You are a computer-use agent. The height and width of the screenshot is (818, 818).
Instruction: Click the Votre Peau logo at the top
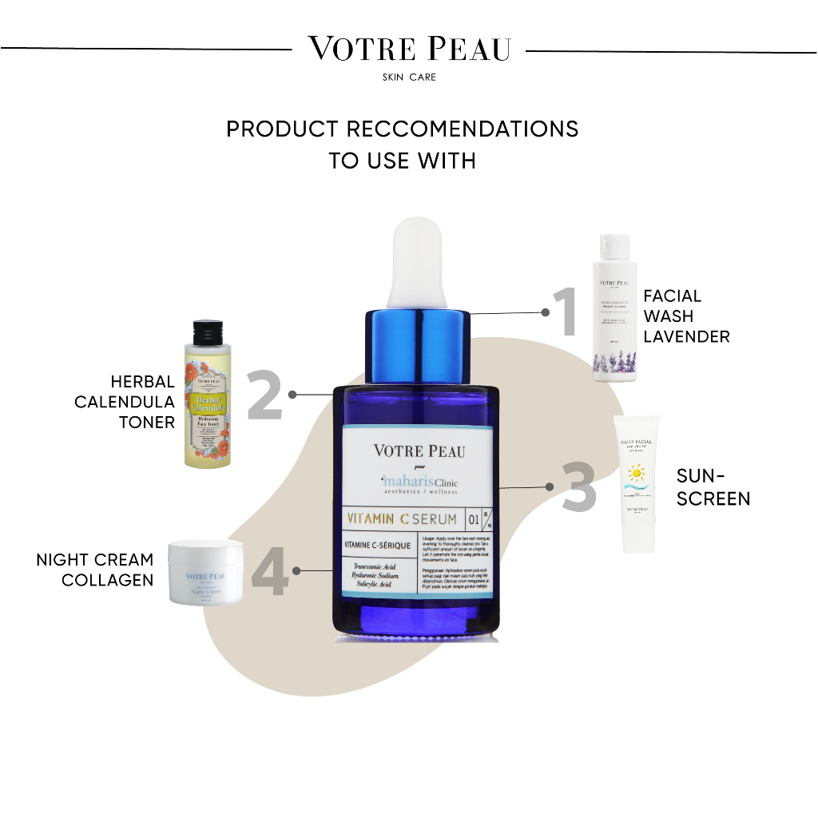pyautogui.click(x=409, y=49)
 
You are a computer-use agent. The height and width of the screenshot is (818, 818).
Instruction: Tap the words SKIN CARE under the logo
pyautogui.click(x=409, y=77)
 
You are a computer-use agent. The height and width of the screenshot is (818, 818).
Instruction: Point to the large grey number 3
pyautogui.click(x=579, y=486)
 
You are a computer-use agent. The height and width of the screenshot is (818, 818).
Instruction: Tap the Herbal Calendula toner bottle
pyautogui.click(x=210, y=395)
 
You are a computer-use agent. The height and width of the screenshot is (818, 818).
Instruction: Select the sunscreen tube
pyautogui.click(x=641, y=483)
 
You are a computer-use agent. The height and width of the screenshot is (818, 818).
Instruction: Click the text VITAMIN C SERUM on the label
pyautogui.click(x=402, y=519)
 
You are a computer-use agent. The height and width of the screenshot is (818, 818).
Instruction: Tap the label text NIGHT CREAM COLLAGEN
pyautogui.click(x=95, y=570)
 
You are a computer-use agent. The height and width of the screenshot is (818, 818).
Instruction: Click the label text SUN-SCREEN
pyautogui.click(x=713, y=487)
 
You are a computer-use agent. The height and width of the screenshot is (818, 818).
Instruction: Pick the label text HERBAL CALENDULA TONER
pyautogui.click(x=125, y=402)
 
